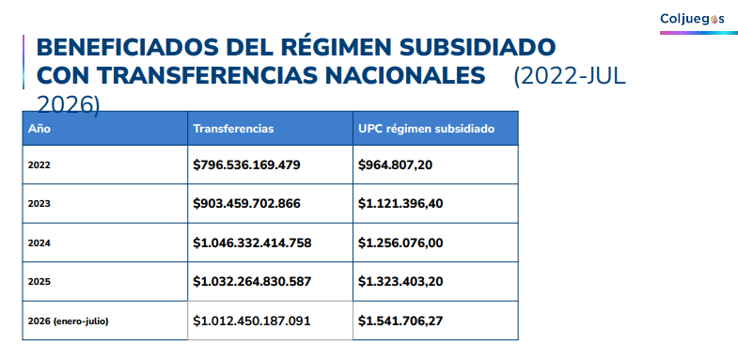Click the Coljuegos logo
[x=692, y=19]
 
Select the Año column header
[x=39, y=129]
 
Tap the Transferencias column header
[x=233, y=129]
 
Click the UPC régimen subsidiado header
[x=427, y=129]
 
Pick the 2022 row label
[x=39, y=165]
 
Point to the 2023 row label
[x=39, y=204]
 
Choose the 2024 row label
[x=39, y=243]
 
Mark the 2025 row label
[x=39, y=282]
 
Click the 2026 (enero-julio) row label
[x=69, y=321]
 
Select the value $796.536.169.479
[x=246, y=165]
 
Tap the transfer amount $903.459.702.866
[x=246, y=204]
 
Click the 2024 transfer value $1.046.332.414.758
[x=252, y=243]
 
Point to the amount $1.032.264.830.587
[x=252, y=281]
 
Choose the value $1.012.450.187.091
[x=252, y=321]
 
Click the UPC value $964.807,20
[x=396, y=165]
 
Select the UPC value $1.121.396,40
[x=400, y=204]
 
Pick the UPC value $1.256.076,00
[x=400, y=243]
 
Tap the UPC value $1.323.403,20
[x=400, y=281]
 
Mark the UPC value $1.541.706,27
[x=400, y=321]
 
